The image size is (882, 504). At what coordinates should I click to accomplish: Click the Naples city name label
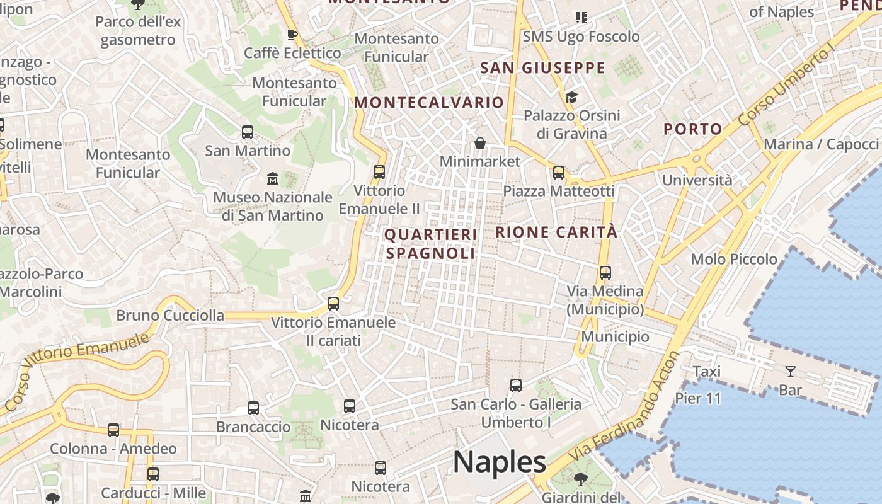tap(499, 462)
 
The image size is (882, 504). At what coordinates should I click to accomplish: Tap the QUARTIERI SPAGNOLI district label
tap(431, 244)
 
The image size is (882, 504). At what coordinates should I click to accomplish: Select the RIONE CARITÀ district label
tap(556, 232)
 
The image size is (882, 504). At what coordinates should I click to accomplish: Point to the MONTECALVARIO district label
tap(429, 102)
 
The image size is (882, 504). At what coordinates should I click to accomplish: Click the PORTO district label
tap(693, 129)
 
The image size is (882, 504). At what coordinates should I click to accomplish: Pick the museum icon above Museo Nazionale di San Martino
tap(273, 179)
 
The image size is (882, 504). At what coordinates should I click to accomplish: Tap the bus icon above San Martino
tap(248, 132)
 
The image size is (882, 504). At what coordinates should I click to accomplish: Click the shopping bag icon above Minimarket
tap(480, 143)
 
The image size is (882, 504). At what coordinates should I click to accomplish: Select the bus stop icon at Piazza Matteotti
tap(559, 173)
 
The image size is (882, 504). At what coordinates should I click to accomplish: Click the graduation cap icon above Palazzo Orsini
tap(571, 97)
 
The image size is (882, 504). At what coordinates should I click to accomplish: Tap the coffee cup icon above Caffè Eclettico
tap(292, 35)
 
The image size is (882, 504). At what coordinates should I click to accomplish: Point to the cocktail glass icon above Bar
tap(791, 372)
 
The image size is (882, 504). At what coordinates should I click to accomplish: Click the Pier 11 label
tap(698, 398)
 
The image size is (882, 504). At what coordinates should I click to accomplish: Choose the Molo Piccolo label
tap(734, 259)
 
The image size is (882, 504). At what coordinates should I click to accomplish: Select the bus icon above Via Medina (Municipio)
tap(605, 273)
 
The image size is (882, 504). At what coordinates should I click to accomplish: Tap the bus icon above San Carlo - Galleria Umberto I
tap(516, 385)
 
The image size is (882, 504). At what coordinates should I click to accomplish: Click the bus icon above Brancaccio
tap(253, 408)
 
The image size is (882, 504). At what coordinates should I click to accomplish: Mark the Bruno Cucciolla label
tap(170, 315)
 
